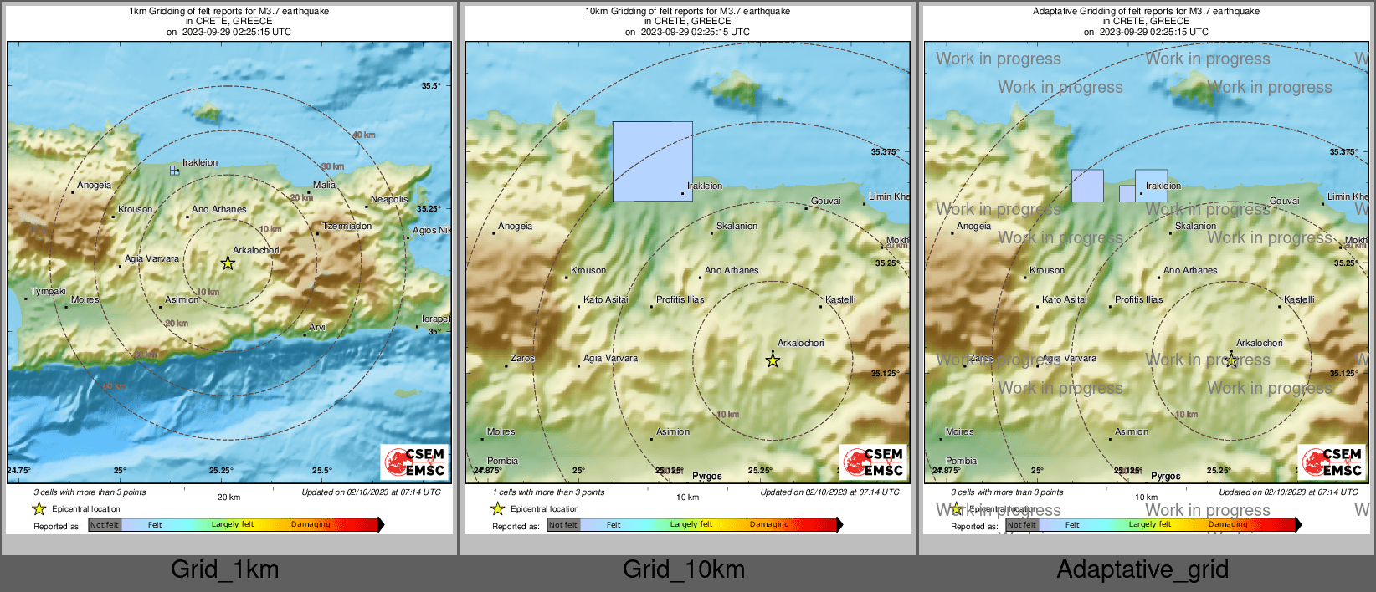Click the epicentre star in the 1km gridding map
(x=228, y=263)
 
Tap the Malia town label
(x=324, y=186)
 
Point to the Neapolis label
(x=389, y=199)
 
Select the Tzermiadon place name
(x=347, y=227)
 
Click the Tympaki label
(x=48, y=292)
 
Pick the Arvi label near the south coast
(x=317, y=328)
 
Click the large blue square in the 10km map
(x=652, y=161)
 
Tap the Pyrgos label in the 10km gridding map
(x=707, y=477)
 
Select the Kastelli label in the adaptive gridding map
(x=1299, y=299)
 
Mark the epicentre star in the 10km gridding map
(x=773, y=361)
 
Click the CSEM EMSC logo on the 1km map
(x=415, y=462)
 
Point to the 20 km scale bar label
(x=228, y=498)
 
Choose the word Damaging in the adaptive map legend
(x=1228, y=524)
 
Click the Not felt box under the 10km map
(x=563, y=525)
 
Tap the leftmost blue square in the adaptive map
(x=1087, y=186)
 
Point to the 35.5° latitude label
(x=430, y=86)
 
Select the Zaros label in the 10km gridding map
(x=522, y=358)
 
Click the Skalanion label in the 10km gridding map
(x=737, y=227)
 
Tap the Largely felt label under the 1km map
(x=233, y=524)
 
